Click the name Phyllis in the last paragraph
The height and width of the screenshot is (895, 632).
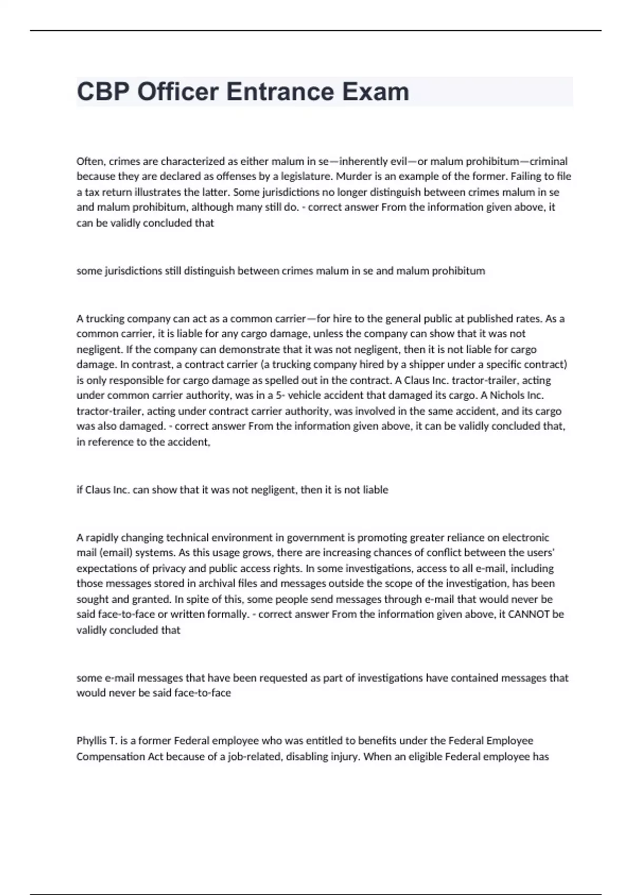[x=91, y=741]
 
